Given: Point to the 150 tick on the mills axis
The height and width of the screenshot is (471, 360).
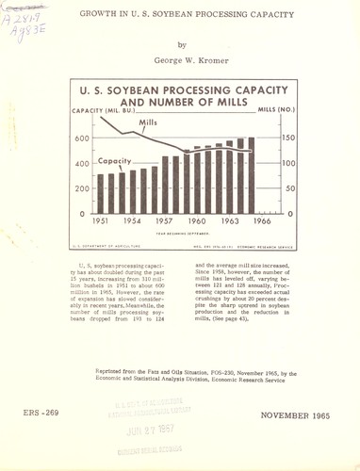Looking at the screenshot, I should click(292, 138).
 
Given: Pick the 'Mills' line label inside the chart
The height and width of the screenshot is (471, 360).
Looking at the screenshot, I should click(146, 122).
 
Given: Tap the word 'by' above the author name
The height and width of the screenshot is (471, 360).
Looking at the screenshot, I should click(182, 43).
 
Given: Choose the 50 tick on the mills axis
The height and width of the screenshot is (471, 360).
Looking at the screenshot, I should click(290, 189).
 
